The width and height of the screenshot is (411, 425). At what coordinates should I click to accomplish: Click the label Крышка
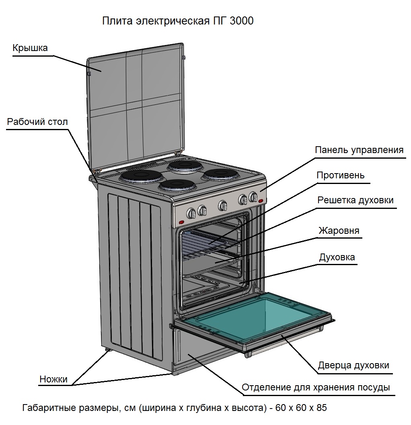tap(30, 48)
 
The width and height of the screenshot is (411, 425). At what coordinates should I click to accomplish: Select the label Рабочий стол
tap(37, 122)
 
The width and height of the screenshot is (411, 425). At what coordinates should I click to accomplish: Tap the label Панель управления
tap(359, 150)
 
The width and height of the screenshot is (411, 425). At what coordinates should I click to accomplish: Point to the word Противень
tap(340, 175)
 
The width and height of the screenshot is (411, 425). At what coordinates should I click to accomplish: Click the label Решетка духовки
tap(355, 200)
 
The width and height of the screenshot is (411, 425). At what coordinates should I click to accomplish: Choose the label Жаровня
tap(339, 231)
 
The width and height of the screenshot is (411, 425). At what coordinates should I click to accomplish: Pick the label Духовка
tap(337, 257)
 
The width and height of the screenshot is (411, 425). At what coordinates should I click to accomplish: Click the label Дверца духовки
tap(353, 366)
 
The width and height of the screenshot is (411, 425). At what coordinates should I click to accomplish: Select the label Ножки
tap(53, 379)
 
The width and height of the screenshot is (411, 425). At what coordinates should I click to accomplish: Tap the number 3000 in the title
tap(241, 21)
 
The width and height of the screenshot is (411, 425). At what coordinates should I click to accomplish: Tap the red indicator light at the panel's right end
tap(261, 201)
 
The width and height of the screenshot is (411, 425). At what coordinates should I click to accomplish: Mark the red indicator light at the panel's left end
tap(181, 222)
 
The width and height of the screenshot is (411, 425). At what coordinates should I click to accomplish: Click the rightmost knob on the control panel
tap(253, 197)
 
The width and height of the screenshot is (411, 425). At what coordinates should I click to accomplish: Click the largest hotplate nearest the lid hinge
tap(140, 176)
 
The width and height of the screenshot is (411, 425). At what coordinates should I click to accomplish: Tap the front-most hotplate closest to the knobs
tap(177, 185)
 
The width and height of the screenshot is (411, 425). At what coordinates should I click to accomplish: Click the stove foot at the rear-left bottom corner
tap(108, 351)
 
